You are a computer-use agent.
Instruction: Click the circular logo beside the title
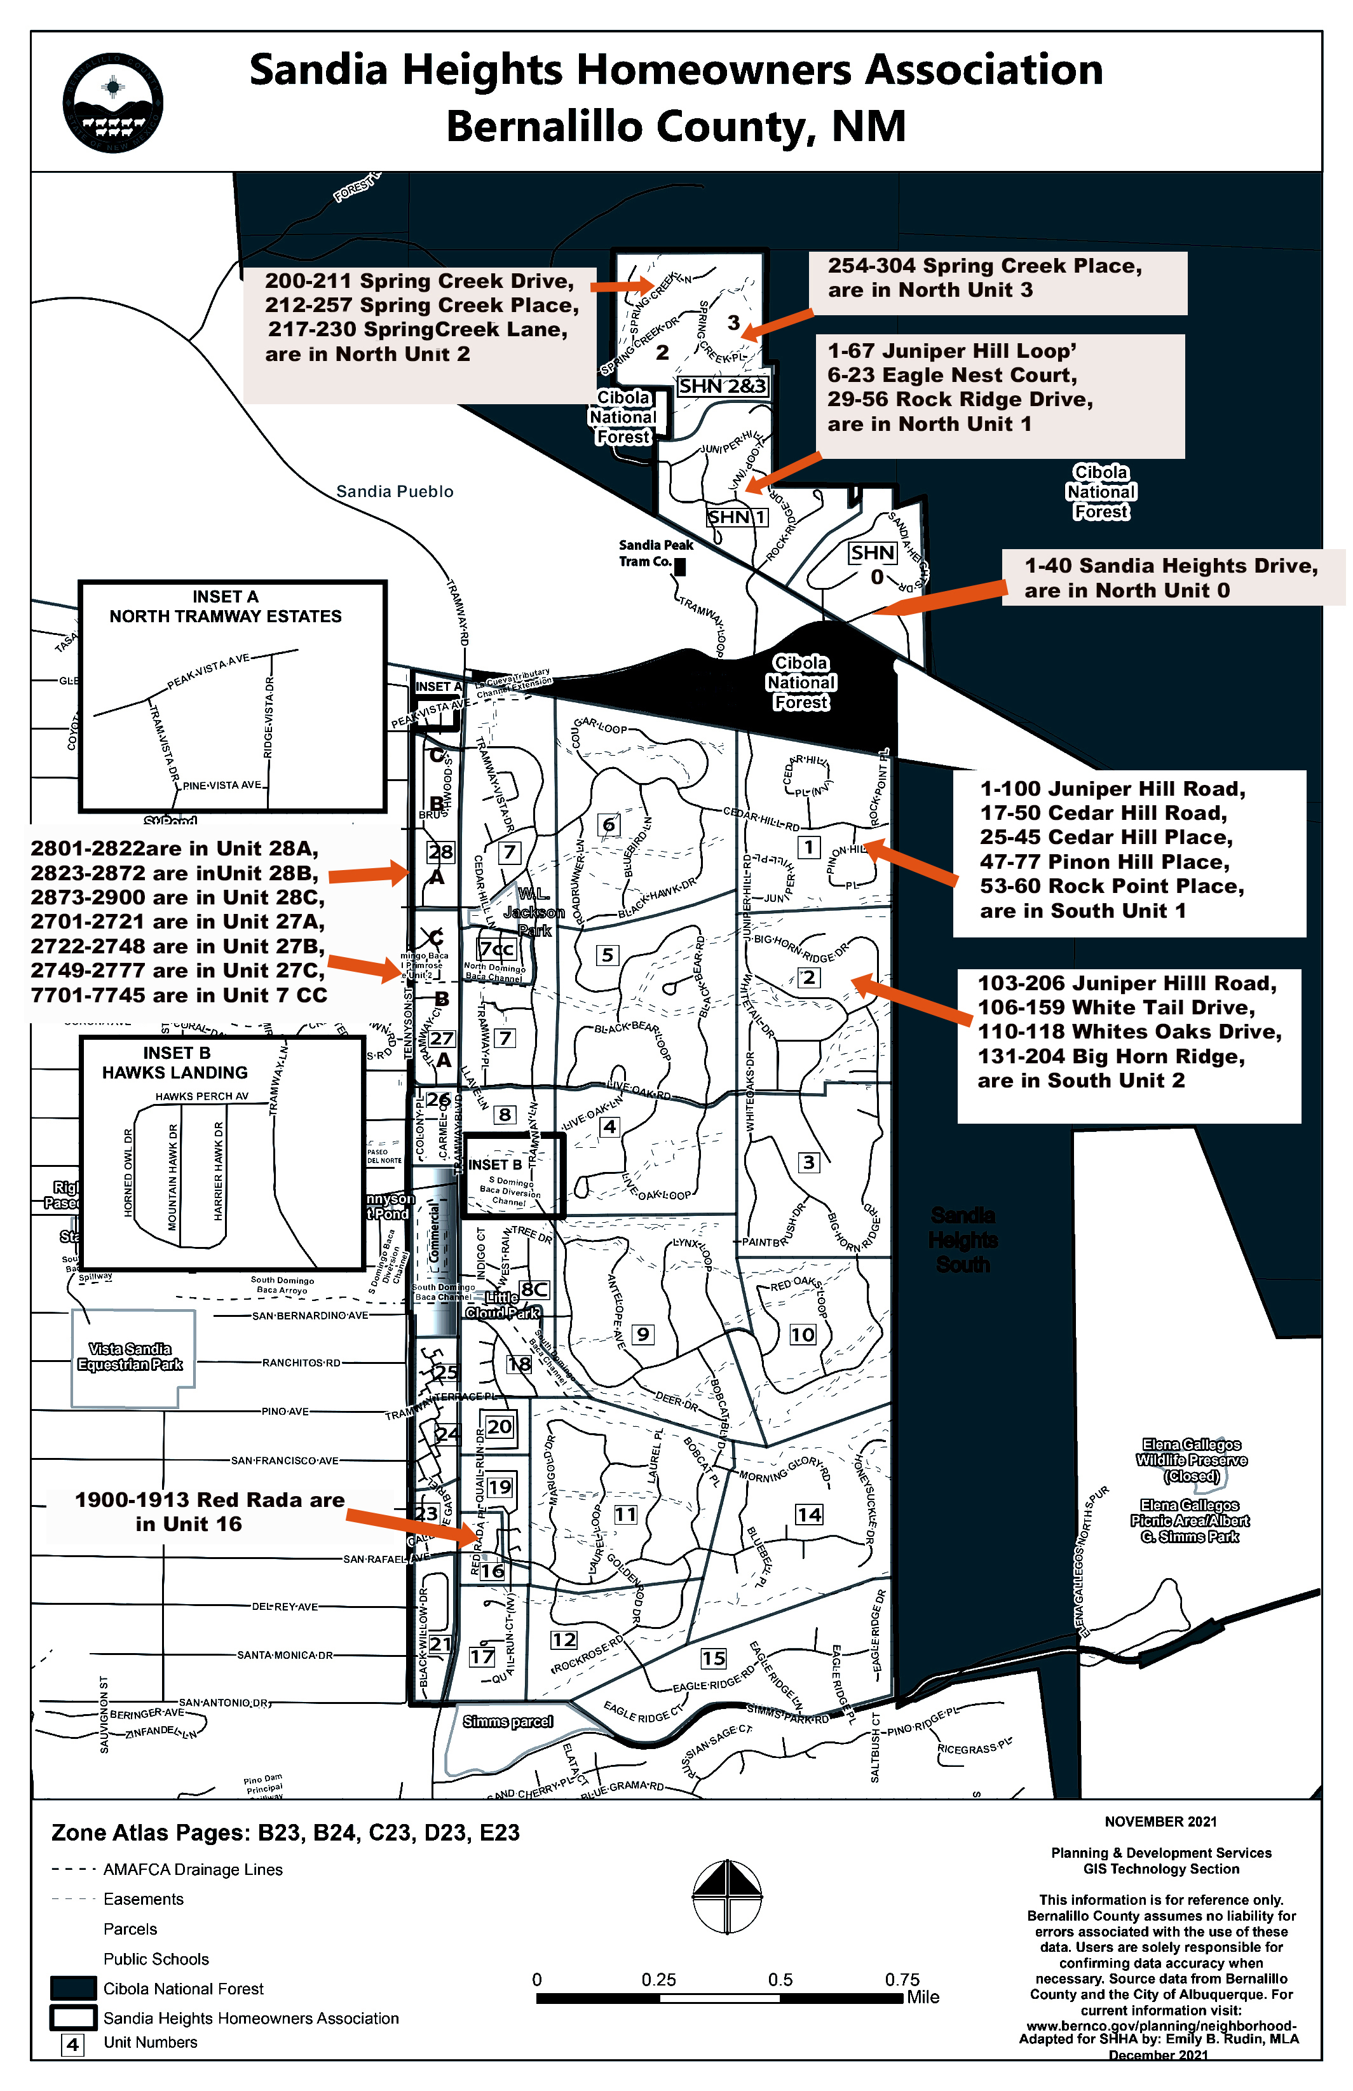point(112,102)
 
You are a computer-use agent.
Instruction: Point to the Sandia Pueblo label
point(395,491)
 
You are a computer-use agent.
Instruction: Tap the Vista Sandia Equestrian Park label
point(130,1356)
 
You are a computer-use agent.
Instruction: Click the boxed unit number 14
point(808,1514)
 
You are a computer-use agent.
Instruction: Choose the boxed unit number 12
point(563,1639)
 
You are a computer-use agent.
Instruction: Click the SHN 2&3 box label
point(722,386)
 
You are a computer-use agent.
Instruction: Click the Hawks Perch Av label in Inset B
point(202,1096)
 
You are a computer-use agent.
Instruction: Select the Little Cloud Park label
point(503,1305)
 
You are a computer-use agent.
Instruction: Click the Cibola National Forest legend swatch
point(73,1988)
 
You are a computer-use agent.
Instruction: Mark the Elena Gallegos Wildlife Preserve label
point(1192,1459)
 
